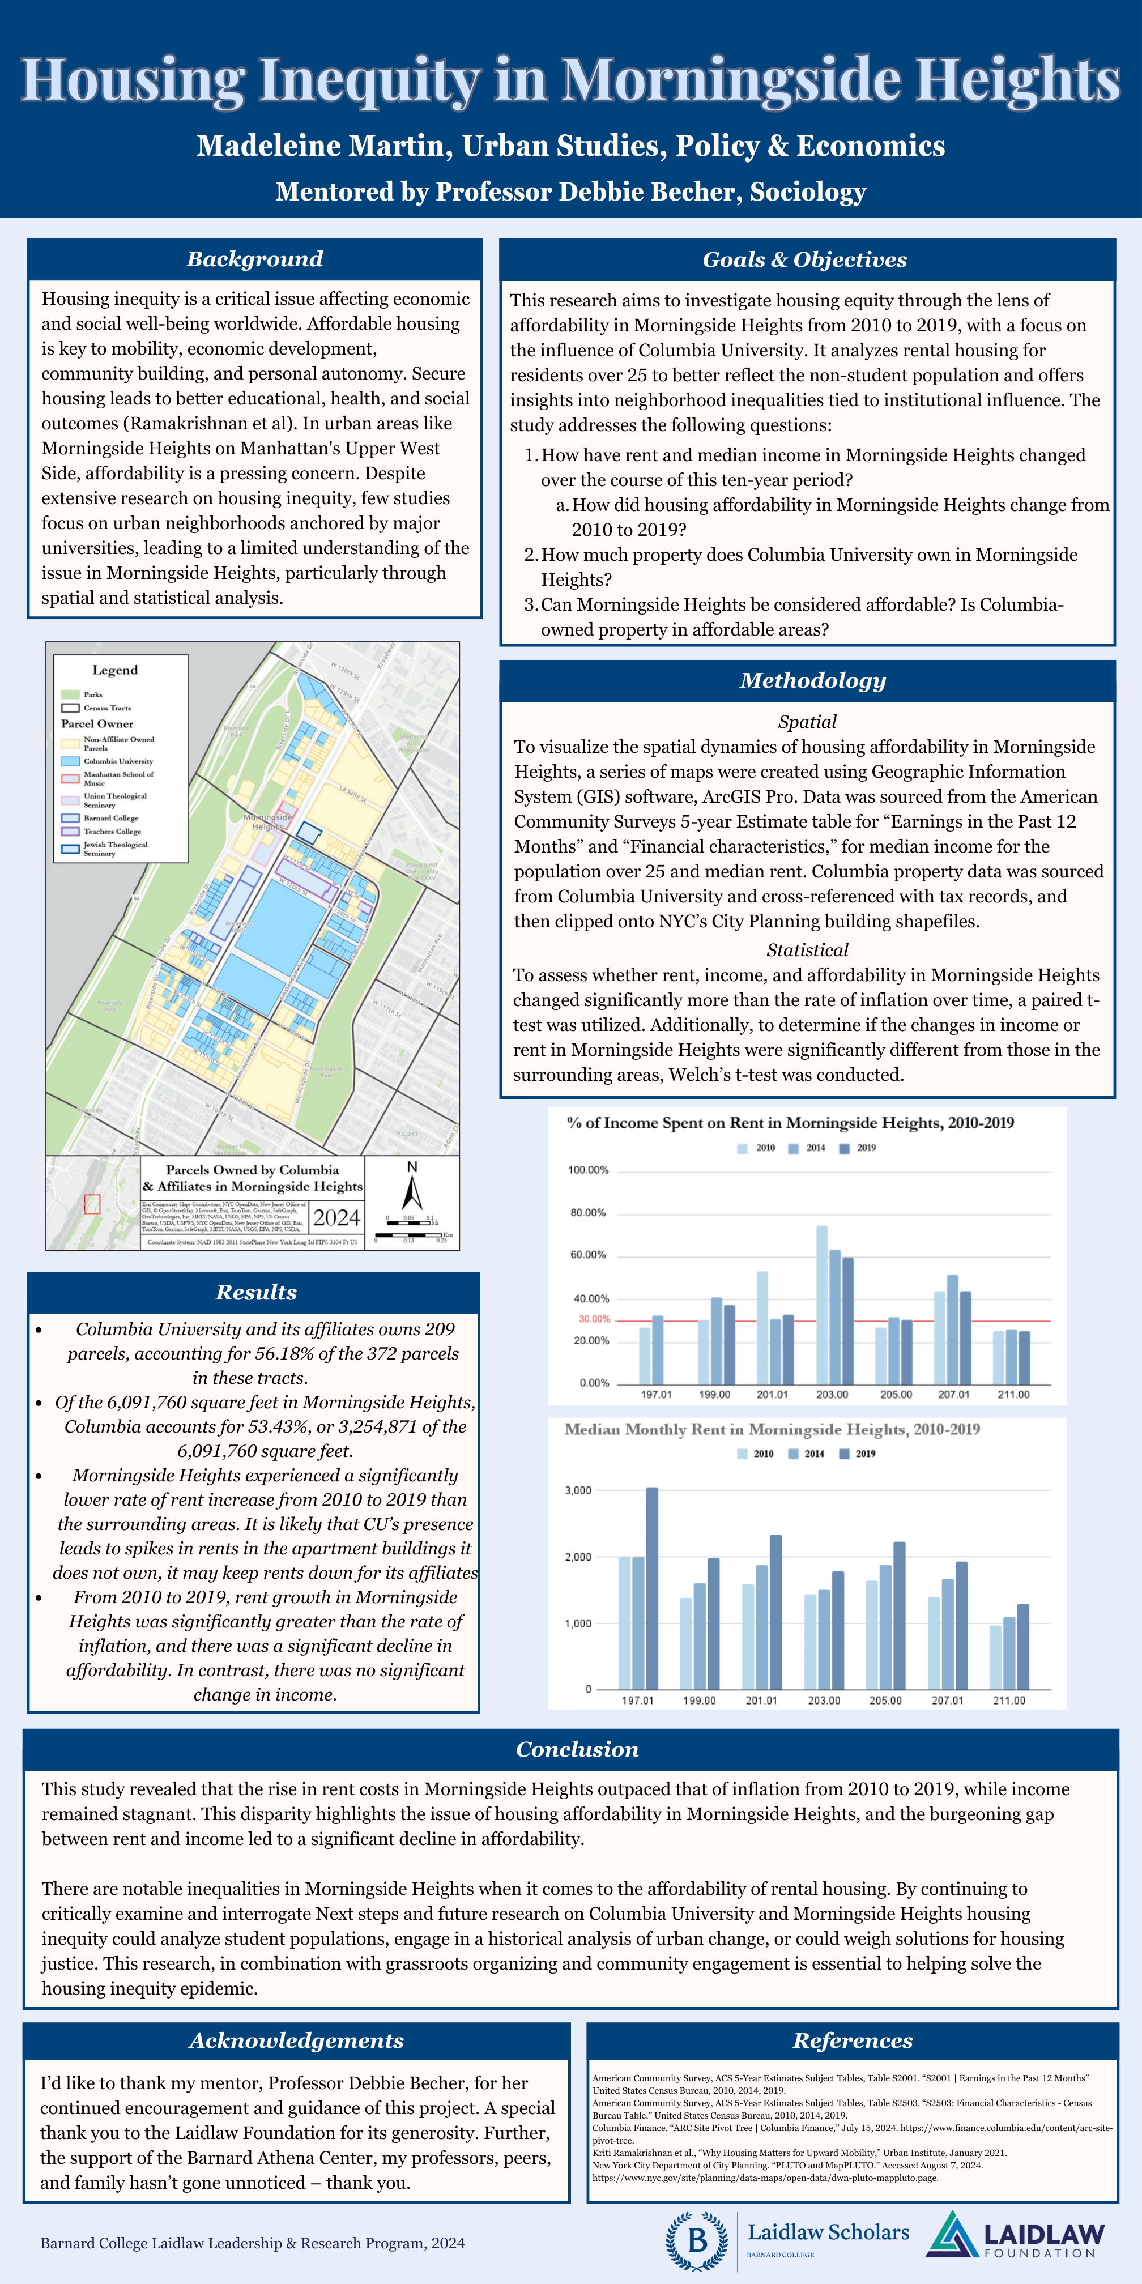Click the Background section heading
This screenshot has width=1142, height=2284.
click(x=254, y=259)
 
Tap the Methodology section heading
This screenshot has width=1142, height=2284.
click(x=812, y=680)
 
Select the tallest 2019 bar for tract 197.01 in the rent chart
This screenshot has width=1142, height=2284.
click(x=651, y=1587)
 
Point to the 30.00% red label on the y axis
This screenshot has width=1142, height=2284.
click(x=594, y=1319)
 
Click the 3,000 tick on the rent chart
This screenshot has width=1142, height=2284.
click(x=578, y=1490)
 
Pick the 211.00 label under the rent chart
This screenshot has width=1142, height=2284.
click(x=1009, y=1701)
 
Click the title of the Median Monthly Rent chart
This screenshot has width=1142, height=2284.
click(x=772, y=1429)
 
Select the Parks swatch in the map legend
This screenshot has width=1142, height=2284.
click(x=70, y=694)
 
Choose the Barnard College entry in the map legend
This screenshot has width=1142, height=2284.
click(x=111, y=819)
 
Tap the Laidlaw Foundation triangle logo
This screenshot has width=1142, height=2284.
click(x=952, y=2235)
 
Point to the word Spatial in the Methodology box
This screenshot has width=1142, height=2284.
click(x=807, y=722)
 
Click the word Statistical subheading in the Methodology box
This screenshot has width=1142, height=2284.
click(x=807, y=949)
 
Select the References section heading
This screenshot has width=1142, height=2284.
click(x=852, y=2040)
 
